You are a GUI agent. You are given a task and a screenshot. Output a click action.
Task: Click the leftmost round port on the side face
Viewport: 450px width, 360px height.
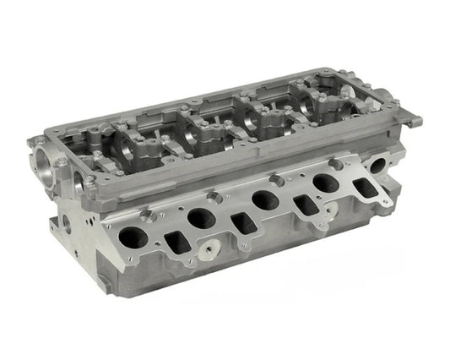[133, 237]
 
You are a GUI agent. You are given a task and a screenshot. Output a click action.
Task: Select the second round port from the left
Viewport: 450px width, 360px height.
[202, 219]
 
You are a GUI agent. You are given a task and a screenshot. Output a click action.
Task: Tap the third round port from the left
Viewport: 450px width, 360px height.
[264, 199]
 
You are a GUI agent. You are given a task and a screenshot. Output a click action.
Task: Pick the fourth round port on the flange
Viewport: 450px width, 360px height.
[326, 182]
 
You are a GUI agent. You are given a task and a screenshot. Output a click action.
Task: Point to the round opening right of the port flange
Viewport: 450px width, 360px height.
[375, 166]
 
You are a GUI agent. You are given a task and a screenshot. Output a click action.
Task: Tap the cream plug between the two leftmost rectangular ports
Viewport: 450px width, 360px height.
[206, 252]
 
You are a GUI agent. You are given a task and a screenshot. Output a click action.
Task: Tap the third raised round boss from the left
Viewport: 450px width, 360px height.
[274, 179]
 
